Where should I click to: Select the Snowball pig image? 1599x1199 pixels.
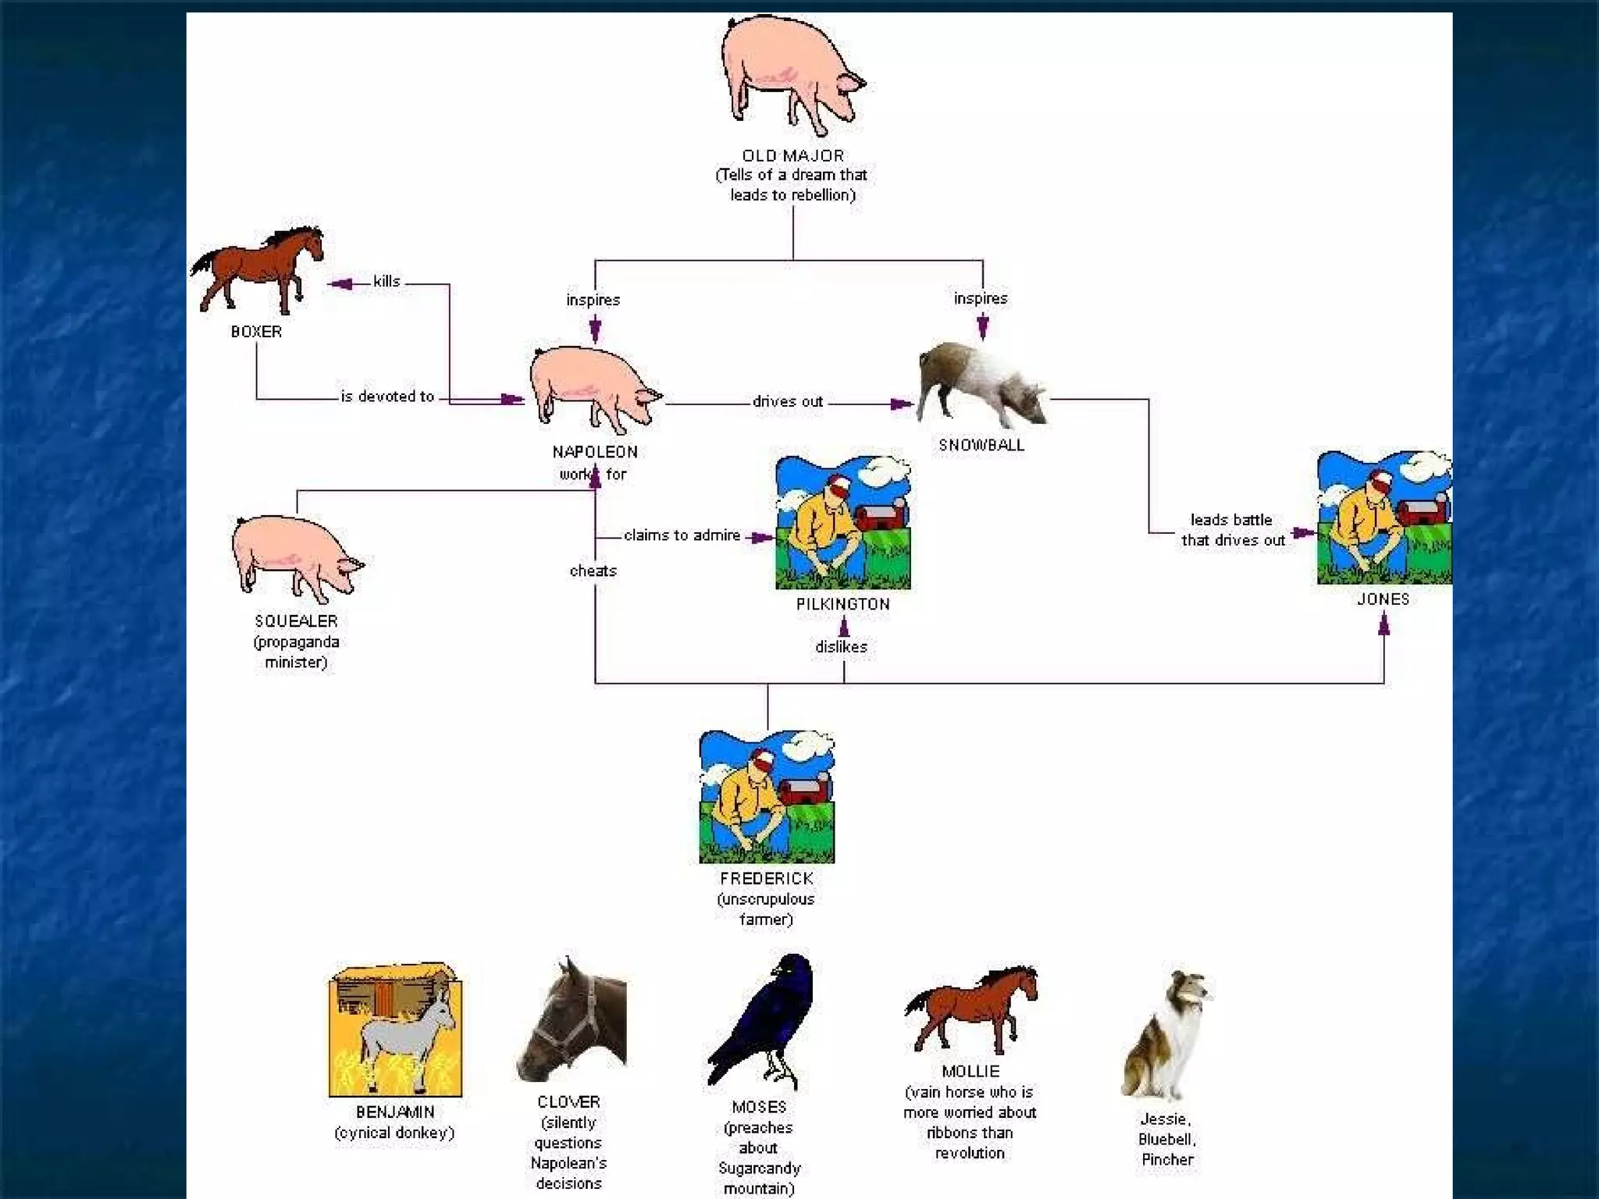tap(981, 385)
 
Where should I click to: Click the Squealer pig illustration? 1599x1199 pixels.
tap(297, 556)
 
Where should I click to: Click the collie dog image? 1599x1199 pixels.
tap(1166, 1034)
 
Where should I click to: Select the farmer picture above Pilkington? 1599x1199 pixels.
tap(842, 522)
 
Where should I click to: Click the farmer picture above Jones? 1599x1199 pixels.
tap(1384, 518)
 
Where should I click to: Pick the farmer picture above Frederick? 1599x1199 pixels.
tap(767, 797)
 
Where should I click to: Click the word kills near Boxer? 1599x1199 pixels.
tap(386, 282)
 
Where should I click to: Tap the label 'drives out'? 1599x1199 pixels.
tap(787, 402)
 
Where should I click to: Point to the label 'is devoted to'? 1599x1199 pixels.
tap(387, 397)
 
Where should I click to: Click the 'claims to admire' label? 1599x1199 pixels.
tap(682, 535)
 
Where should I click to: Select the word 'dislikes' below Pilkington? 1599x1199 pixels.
tap(841, 647)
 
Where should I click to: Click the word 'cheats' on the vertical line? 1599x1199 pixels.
tap(593, 571)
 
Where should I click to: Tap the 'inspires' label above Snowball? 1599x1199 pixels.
tap(981, 299)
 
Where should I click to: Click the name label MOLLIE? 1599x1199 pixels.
tap(970, 1072)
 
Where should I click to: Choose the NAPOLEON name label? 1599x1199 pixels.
tap(595, 452)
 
